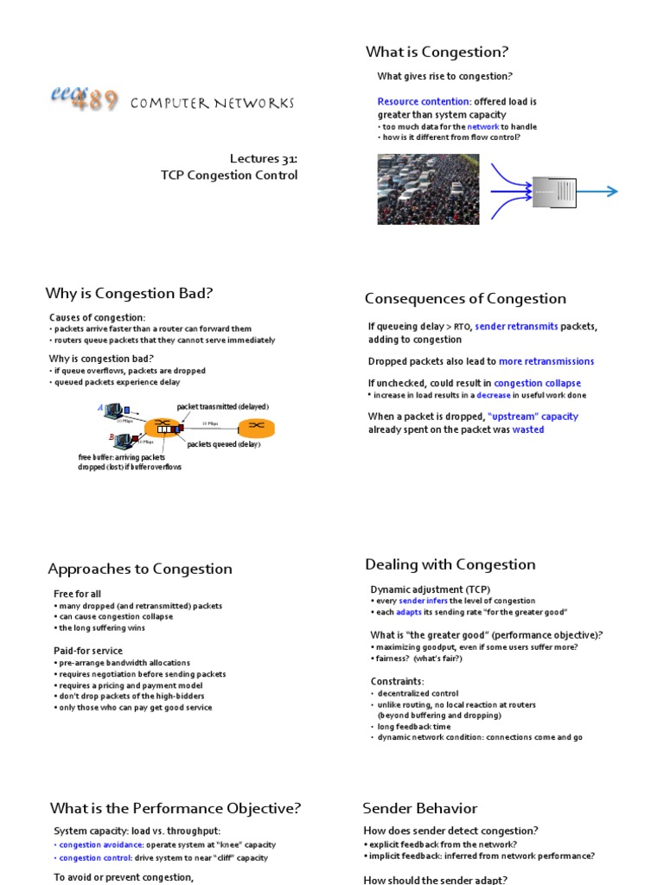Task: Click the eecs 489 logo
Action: (83, 99)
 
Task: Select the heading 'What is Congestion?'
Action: (437, 52)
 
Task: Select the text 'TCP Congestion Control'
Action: (229, 175)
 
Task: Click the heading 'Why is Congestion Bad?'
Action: (130, 293)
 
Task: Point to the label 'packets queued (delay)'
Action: (223, 444)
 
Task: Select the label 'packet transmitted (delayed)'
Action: (222, 406)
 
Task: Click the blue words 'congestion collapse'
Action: (537, 383)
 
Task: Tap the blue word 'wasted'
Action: (527, 429)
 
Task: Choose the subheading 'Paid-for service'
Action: (87, 650)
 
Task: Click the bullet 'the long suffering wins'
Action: (98, 628)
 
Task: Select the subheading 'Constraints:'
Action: (397, 681)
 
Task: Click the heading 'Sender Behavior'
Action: (419, 808)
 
